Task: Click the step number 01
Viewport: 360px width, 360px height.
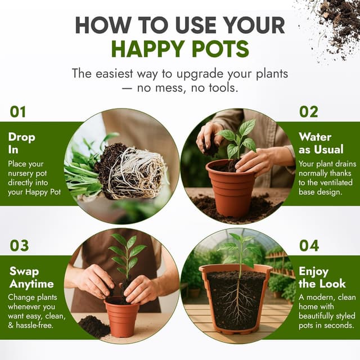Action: (18, 112)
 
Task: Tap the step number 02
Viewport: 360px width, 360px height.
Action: (308, 112)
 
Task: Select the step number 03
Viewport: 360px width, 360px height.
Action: (19, 246)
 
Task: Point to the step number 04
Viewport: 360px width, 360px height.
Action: (309, 246)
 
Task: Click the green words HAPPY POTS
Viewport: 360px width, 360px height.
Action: (180, 49)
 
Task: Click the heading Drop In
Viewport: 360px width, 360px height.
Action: (21, 143)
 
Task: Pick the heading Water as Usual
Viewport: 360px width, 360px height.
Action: (321, 143)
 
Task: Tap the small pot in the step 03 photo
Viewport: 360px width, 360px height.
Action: (121, 317)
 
